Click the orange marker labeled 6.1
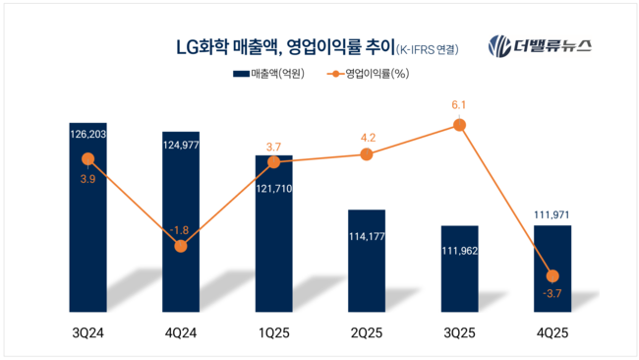(x=459, y=124)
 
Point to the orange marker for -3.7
(x=552, y=275)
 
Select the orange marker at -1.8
(x=181, y=246)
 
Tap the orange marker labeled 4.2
(x=367, y=154)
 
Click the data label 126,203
(x=87, y=129)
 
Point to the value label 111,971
(x=552, y=214)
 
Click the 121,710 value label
(x=274, y=187)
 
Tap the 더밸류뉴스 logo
(x=547, y=46)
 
